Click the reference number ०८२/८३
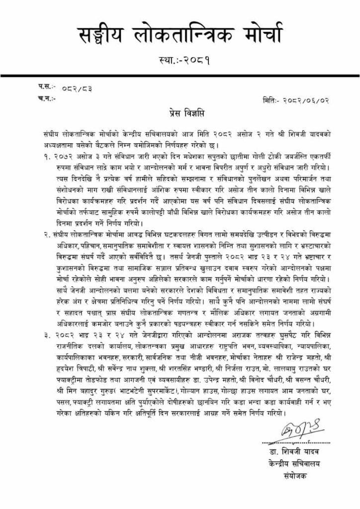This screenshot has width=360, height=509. [77, 89]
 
